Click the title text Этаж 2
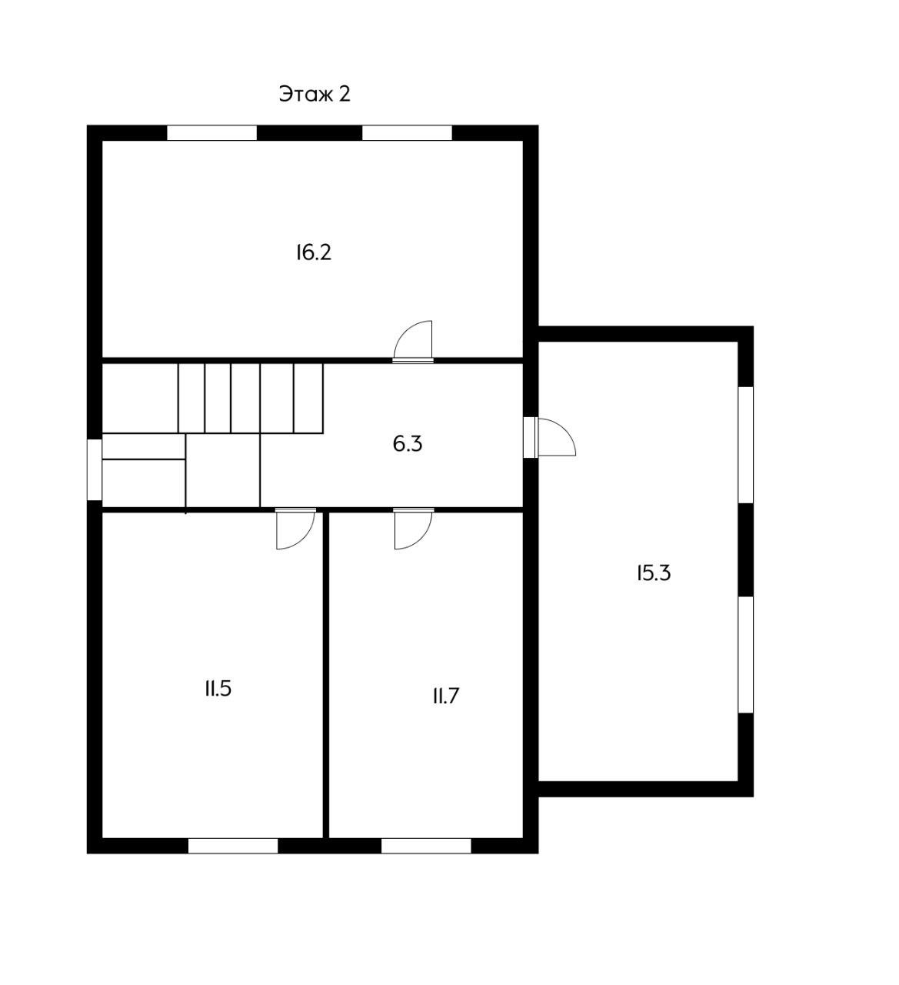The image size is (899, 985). [315, 94]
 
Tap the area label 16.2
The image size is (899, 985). [314, 253]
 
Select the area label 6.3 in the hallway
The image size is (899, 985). [408, 444]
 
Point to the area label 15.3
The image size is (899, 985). [654, 573]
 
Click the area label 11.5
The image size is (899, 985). [218, 689]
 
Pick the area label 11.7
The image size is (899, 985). [445, 696]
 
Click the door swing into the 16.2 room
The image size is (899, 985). [413, 340]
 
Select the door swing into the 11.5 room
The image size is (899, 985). [295, 529]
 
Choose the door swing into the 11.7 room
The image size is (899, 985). [413, 529]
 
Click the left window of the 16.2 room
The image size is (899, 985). [212, 133]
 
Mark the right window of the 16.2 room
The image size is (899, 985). [407, 133]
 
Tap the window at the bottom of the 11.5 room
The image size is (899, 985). [233, 846]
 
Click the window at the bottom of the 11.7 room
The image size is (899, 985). [426, 846]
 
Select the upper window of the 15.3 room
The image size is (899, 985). [746, 445]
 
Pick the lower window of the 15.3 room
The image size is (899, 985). [746, 655]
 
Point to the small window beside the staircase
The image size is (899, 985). [95, 470]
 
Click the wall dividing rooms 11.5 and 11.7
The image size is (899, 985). [326, 675]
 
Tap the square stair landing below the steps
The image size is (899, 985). [223, 470]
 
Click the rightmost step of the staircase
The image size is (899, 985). [308, 398]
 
